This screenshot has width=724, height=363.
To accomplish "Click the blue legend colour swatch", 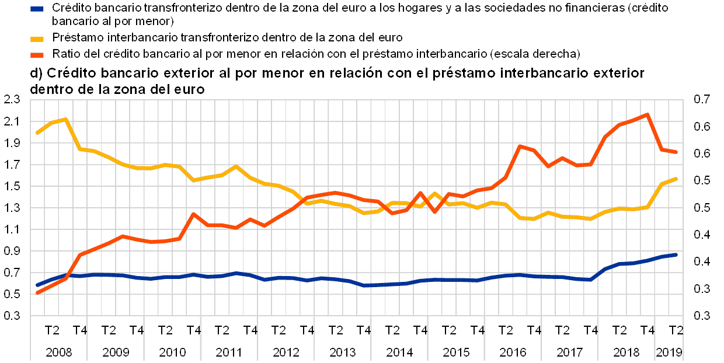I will click(x=37, y=9).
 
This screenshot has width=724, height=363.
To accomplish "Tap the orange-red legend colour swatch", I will click(x=37, y=54).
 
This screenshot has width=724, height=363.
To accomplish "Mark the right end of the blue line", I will click(x=676, y=255).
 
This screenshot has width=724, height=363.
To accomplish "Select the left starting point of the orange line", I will click(x=37, y=292).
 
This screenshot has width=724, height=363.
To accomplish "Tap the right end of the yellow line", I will click(x=676, y=179).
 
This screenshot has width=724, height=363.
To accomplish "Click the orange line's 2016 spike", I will click(x=519, y=146).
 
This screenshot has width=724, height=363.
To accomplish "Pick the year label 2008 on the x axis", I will click(x=58, y=352).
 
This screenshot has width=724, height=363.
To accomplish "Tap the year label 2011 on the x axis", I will click(x=229, y=352).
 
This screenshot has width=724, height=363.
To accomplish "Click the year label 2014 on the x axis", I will click(x=399, y=352).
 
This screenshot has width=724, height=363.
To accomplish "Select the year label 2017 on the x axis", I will click(x=570, y=352).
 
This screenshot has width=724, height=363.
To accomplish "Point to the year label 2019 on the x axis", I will click(x=670, y=352).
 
